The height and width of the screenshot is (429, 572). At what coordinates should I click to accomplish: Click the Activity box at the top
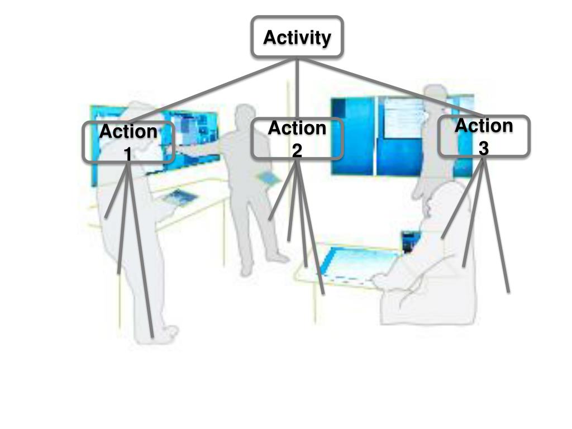pos(297,37)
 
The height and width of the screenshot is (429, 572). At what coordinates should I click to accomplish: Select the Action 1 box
pos(128,142)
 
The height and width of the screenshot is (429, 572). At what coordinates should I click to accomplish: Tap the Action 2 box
pos(297,139)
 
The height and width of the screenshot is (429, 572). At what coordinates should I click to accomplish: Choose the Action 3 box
pos(483,136)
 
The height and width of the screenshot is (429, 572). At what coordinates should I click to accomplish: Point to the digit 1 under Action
pos(128,153)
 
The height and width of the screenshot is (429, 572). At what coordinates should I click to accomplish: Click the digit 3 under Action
pos(483,148)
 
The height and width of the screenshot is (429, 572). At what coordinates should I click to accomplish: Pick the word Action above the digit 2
pos(297,128)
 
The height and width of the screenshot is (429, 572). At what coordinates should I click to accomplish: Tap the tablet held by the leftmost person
pos(180,197)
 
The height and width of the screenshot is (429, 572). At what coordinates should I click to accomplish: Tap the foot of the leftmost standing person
pos(168,333)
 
